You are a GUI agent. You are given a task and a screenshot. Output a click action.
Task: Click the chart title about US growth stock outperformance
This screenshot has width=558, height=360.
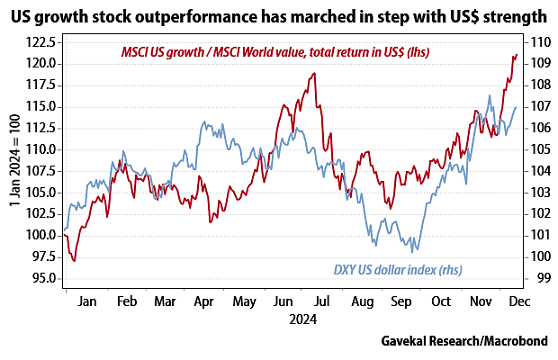tap(279, 15)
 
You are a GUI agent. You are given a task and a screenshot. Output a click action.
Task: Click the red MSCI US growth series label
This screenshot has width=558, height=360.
tap(275, 53)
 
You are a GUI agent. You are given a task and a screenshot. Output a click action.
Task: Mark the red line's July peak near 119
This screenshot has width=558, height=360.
tap(313, 73)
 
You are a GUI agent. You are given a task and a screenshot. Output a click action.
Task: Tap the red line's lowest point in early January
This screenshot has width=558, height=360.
tap(75, 261)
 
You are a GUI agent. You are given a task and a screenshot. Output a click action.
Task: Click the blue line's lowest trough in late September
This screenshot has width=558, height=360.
tap(412, 252)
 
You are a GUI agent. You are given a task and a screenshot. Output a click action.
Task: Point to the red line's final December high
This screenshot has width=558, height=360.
tap(516, 55)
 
